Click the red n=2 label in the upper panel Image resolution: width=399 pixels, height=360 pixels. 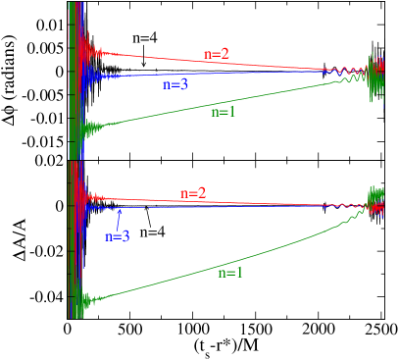[x=216, y=54]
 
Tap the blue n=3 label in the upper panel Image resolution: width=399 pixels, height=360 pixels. [x=175, y=85]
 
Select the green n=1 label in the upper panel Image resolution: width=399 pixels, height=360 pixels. [x=224, y=112]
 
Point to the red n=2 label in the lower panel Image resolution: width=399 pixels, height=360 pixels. [x=193, y=193]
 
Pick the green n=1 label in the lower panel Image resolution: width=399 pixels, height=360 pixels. [x=229, y=273]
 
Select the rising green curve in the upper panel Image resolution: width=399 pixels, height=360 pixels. [x=274, y=95]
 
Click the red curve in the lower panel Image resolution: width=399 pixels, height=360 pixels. [x=274, y=205]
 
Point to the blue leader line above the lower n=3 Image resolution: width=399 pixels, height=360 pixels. [x=119, y=220]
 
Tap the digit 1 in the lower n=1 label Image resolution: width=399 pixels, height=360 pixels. [x=238, y=273]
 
